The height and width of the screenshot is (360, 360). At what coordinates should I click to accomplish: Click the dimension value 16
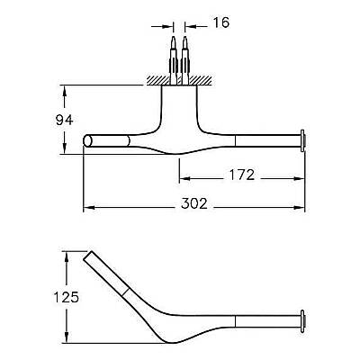click(221, 22)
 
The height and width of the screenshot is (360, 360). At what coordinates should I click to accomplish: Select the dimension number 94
click(65, 121)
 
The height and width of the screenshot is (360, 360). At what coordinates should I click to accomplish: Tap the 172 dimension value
click(242, 175)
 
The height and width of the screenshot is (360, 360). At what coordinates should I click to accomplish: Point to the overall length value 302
click(194, 204)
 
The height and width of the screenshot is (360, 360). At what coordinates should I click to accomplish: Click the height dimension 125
click(67, 297)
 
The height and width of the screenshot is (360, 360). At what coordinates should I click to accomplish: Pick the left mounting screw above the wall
click(174, 60)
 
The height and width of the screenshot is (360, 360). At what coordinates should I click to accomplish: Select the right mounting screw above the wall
click(185, 60)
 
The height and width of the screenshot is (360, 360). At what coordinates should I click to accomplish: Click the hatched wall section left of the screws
click(158, 80)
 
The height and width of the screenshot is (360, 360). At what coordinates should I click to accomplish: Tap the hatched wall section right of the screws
click(201, 80)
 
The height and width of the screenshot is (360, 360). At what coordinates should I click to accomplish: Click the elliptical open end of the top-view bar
click(88, 141)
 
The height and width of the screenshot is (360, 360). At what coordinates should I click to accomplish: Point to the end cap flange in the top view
click(302, 141)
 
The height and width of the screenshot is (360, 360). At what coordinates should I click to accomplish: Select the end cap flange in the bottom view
click(302, 321)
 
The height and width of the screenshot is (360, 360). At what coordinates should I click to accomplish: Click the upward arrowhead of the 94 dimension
click(64, 91)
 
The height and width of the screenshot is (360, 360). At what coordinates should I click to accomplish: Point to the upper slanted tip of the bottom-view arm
click(87, 256)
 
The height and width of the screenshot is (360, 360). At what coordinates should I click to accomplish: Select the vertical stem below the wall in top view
click(179, 108)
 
